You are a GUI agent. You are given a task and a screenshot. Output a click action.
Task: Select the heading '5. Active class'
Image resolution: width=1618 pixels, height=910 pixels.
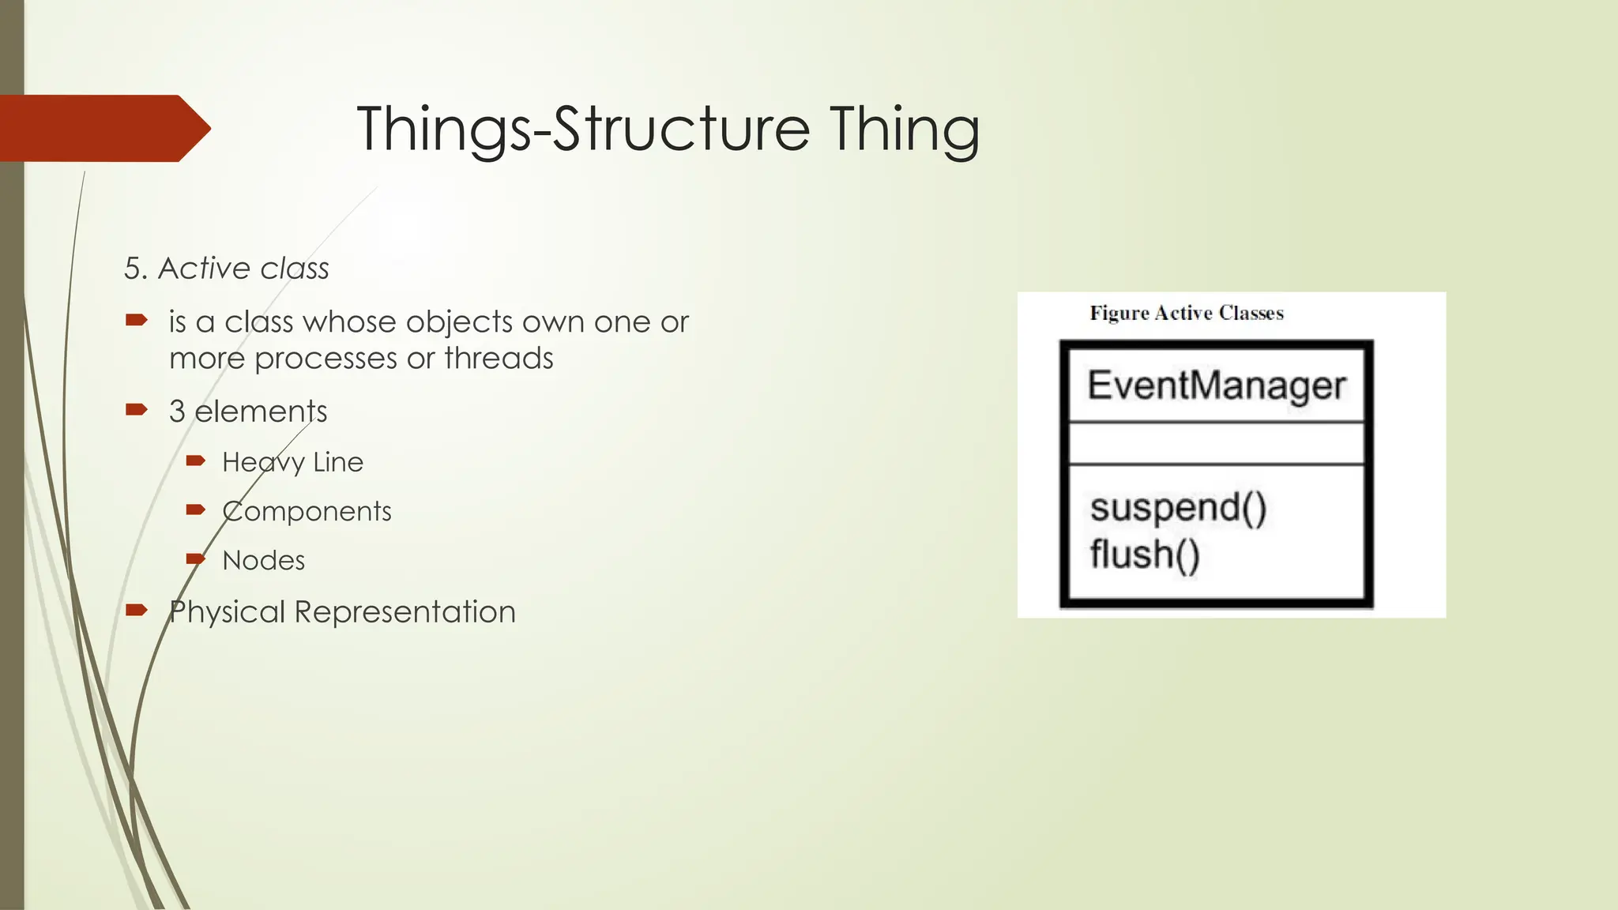pyautogui.click(x=227, y=269)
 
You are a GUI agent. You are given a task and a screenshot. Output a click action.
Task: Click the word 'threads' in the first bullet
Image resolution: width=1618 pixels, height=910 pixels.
pyautogui.click(x=499, y=359)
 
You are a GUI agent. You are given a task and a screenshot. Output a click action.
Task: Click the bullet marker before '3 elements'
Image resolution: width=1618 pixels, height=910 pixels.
pyautogui.click(x=137, y=409)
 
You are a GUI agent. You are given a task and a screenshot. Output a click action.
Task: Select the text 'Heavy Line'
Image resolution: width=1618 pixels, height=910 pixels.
pyautogui.click(x=292, y=462)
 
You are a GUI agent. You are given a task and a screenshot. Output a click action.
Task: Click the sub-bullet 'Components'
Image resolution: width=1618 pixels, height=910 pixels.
pyautogui.click(x=307, y=511)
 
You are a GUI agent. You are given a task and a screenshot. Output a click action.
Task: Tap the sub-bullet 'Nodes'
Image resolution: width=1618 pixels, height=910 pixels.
pyautogui.click(x=263, y=560)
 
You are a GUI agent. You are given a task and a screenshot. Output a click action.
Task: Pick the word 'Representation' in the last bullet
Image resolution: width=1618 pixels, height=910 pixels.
pyautogui.click(x=404, y=612)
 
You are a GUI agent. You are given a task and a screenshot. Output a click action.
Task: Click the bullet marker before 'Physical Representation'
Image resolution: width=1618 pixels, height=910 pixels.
pyautogui.click(x=137, y=609)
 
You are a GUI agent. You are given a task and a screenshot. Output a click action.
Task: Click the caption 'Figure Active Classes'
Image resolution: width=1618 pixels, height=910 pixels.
pyautogui.click(x=1187, y=313)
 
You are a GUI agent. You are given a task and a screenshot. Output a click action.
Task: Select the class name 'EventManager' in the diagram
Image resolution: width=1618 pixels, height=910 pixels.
pyautogui.click(x=1217, y=386)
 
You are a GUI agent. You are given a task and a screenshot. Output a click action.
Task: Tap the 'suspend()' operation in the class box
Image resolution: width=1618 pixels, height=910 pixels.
pyautogui.click(x=1178, y=507)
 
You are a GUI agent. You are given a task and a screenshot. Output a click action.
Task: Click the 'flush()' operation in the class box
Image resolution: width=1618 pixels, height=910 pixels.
pyautogui.click(x=1145, y=554)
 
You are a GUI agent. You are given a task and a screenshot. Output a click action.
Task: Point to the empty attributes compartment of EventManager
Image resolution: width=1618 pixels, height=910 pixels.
pyautogui.click(x=1217, y=444)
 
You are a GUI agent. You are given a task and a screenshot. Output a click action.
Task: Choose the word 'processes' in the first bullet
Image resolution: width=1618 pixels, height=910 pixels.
pyautogui.click(x=325, y=359)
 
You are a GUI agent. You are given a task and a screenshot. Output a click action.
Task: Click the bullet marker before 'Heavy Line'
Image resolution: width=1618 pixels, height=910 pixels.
pyautogui.click(x=196, y=461)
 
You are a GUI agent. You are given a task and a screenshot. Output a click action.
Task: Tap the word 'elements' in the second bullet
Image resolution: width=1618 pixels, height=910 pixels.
pyautogui.click(x=261, y=412)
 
